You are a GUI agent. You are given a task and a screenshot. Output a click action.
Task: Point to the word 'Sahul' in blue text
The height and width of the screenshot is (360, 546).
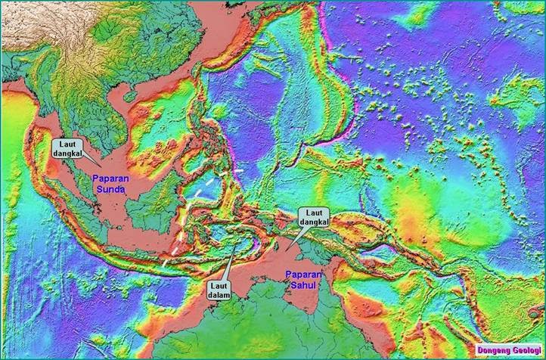tap(302, 285)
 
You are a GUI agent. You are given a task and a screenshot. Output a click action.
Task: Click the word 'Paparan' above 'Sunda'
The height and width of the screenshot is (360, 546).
tap(109, 179)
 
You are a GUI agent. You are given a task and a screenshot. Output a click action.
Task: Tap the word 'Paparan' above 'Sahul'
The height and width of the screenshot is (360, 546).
tap(303, 275)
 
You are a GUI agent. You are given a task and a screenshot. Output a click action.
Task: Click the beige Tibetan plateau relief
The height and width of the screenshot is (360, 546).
tap(45, 23)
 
